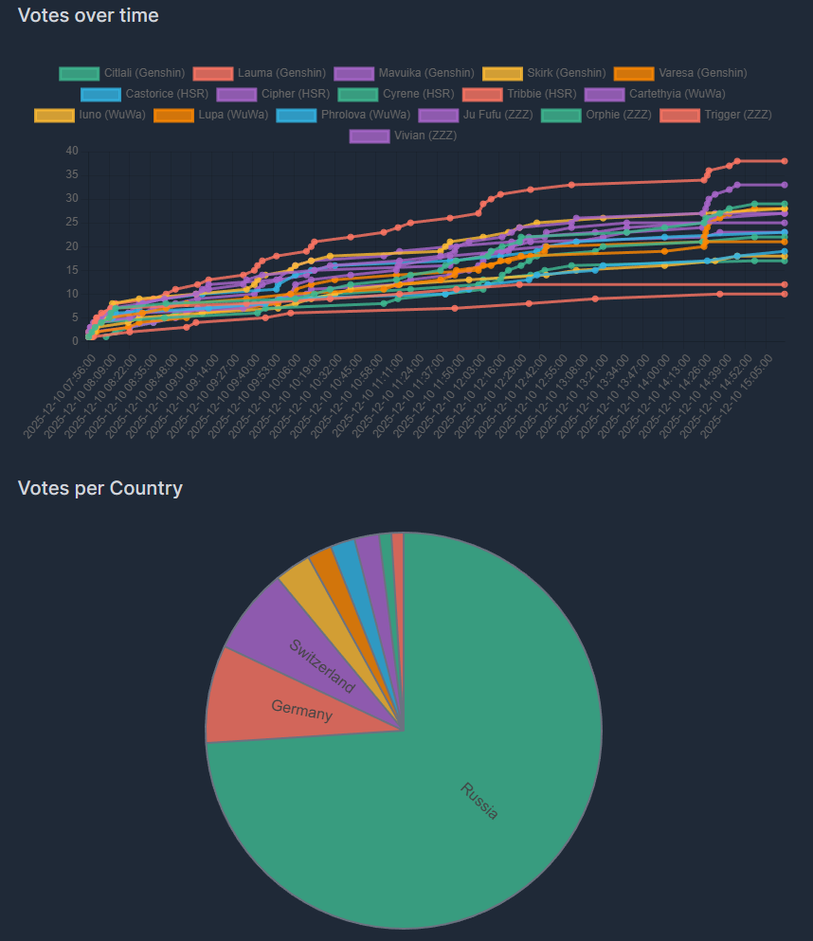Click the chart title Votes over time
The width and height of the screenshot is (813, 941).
point(88,16)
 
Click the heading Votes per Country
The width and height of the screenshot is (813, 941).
point(100,488)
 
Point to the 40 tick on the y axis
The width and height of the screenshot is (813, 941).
point(72,151)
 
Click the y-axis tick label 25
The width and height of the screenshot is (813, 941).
point(72,222)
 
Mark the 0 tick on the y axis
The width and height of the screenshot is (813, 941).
point(75,341)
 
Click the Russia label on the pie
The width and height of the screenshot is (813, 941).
point(479,801)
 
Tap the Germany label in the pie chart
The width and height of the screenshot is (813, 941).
point(301,710)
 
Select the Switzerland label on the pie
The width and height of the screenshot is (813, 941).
point(322,666)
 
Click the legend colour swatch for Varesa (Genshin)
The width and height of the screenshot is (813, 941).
point(633,73)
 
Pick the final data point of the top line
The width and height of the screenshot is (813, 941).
point(785,161)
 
